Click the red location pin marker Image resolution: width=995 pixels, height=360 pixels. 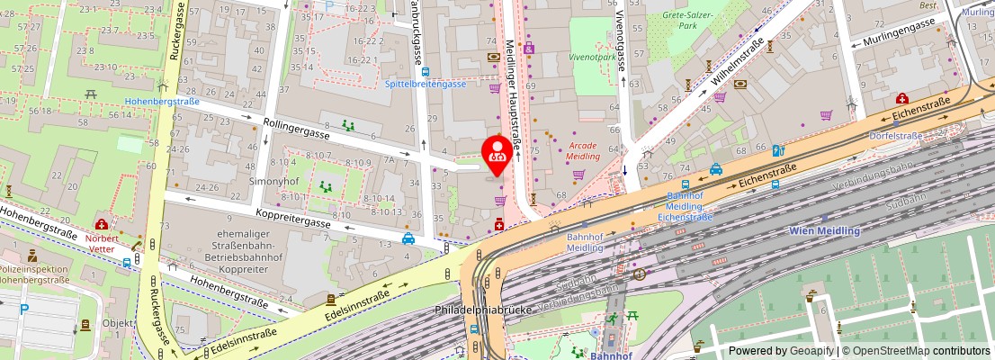[497, 154]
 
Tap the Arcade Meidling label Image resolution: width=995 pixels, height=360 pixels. [583, 150]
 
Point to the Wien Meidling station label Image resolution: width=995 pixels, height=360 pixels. [824, 230]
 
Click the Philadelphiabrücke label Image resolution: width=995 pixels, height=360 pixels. [484, 310]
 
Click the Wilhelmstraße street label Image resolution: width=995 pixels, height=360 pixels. [738, 67]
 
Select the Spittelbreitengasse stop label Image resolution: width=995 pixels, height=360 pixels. [425, 84]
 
